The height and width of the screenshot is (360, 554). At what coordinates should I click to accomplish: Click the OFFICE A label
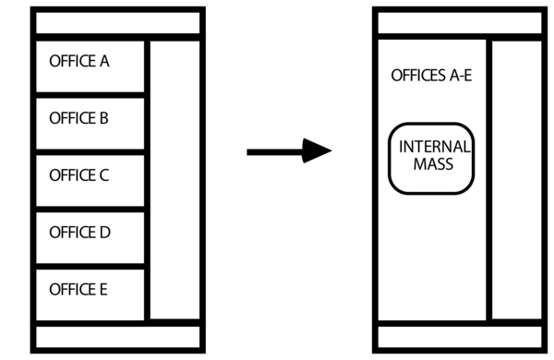pyautogui.click(x=78, y=62)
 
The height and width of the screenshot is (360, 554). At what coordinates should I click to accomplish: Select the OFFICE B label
pyautogui.click(x=78, y=118)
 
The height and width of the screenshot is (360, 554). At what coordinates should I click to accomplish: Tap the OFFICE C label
pyautogui.click(x=78, y=174)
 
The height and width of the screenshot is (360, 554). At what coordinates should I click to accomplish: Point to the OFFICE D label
pyautogui.click(x=79, y=232)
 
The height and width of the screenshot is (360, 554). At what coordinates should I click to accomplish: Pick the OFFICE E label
pyautogui.click(x=78, y=289)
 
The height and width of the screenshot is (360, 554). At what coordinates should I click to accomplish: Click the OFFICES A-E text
pyautogui.click(x=431, y=75)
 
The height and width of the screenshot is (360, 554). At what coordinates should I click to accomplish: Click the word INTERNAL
pyautogui.click(x=434, y=147)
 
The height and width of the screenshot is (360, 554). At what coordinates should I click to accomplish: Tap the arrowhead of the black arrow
pyautogui.click(x=319, y=150)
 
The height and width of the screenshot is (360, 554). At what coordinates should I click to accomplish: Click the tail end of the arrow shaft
pyautogui.click(x=249, y=150)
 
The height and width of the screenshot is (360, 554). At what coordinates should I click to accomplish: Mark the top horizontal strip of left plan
pyautogui.click(x=117, y=21)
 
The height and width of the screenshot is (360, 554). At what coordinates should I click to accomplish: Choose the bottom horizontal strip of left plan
pyautogui.click(x=117, y=338)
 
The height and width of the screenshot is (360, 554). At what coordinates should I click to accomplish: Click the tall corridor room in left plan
pyautogui.click(x=175, y=180)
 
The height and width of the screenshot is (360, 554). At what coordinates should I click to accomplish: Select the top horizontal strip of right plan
pyautogui.click(x=459, y=21)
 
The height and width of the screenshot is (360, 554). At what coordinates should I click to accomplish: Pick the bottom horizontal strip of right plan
pyautogui.click(x=459, y=338)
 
